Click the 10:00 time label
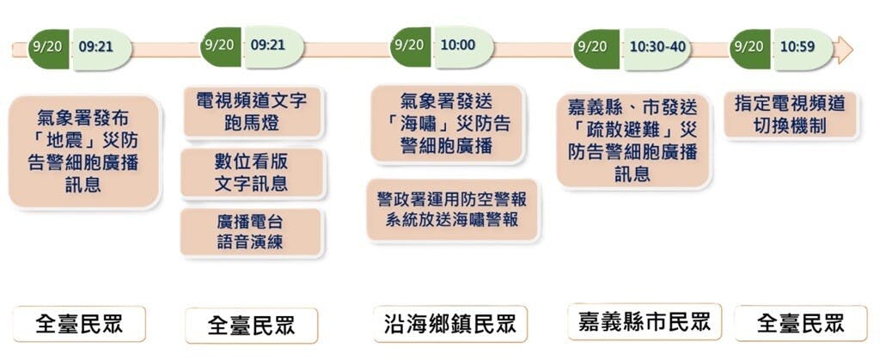(458, 46)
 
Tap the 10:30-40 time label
(657, 46)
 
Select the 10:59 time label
(797, 46)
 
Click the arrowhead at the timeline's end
(842, 49)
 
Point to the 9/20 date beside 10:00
(409, 46)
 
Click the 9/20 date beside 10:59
(749, 46)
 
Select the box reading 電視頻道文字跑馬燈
(253, 111)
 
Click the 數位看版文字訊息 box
(252, 174)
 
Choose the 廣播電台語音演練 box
(251, 232)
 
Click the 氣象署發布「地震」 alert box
(84, 151)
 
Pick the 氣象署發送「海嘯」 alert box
(447, 124)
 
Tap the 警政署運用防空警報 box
(452, 210)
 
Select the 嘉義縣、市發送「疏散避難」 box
(633, 140)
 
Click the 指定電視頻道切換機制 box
(791, 115)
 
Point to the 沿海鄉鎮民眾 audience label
(450, 324)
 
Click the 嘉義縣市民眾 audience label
(645, 322)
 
